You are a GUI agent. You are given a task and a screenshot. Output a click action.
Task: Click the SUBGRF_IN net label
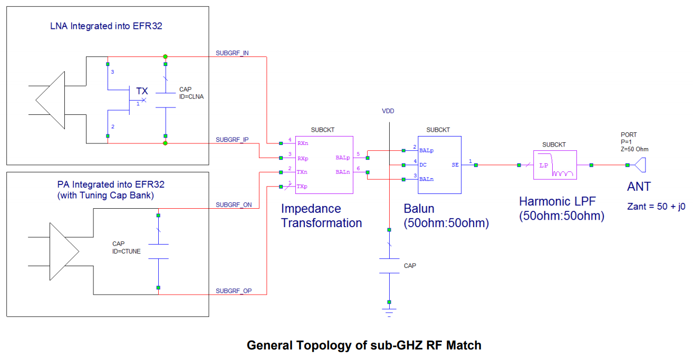232,53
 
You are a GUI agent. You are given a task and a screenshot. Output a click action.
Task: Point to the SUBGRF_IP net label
232,140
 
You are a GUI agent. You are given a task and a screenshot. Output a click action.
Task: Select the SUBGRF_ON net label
234,205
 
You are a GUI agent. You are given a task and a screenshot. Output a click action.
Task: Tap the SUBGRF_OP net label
234,291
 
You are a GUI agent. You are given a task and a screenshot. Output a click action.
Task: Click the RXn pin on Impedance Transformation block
303,143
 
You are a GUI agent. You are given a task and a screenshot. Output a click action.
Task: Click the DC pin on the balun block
423,164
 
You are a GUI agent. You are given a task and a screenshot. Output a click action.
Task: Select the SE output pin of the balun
455,165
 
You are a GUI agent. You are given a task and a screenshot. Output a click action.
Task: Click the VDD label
388,111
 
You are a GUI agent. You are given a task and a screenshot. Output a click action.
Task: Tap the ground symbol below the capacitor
389,311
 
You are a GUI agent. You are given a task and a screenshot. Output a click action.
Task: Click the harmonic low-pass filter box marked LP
555,165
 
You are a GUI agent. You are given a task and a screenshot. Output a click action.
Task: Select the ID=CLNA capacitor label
191,96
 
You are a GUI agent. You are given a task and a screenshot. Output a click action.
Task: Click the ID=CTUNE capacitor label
127,251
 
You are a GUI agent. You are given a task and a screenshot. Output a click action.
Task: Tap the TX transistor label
142,91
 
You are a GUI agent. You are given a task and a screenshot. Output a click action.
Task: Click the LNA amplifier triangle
50,99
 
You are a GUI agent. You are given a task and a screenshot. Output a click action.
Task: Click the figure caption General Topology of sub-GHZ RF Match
364,346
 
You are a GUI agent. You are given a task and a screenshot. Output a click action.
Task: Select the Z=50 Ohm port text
634,149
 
